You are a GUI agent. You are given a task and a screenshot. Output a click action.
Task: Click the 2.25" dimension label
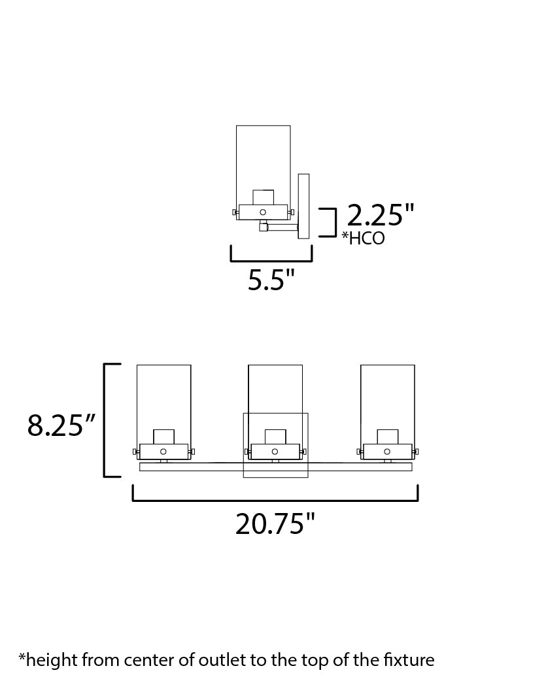click(380, 215)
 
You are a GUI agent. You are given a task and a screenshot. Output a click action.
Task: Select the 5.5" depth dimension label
click(271, 280)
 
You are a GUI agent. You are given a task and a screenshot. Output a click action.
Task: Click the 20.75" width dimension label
click(275, 523)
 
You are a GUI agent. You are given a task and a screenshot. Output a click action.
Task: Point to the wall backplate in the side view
click(303, 206)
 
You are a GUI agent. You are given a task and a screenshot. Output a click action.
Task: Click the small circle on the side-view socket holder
click(263, 212)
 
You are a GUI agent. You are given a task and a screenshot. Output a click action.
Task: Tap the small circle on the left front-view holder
click(163, 452)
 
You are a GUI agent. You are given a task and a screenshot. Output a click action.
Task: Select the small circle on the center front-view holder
click(275, 452)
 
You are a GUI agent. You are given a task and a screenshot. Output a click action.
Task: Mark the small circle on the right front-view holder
click(387, 452)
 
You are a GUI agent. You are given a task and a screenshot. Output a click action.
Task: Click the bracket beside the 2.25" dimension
click(333, 222)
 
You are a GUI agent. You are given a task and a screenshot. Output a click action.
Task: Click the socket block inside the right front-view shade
click(388, 436)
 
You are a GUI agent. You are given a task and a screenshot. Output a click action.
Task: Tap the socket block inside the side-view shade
click(263, 197)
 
